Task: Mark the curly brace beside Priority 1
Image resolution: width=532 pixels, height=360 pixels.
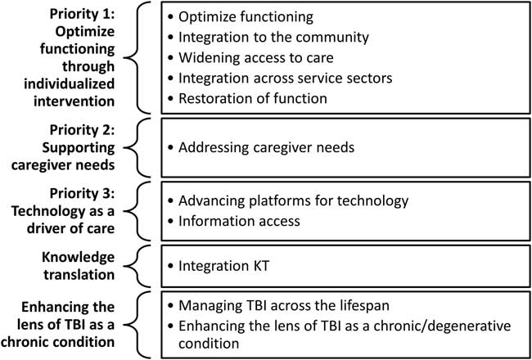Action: point(142,57)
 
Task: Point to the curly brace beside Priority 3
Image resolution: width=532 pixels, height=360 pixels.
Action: point(142,211)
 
